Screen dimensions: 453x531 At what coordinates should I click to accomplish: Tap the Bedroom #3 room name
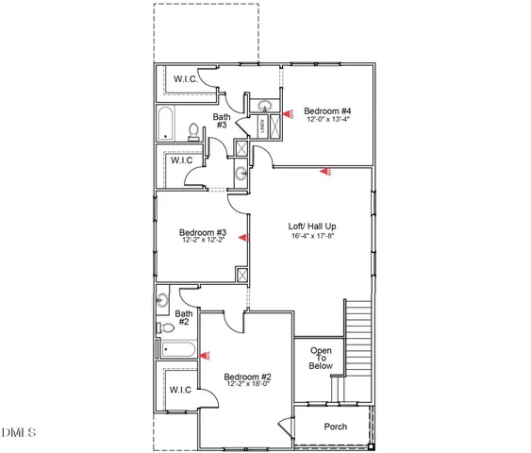[x=203, y=232]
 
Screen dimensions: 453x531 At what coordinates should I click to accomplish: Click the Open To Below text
[x=321, y=359]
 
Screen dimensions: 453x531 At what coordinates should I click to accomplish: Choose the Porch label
[x=335, y=427]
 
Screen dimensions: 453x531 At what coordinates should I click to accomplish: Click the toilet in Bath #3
[x=193, y=131]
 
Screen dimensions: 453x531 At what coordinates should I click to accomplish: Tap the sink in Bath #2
[x=162, y=301]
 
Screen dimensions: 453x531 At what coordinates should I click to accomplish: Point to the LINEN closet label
[x=260, y=125]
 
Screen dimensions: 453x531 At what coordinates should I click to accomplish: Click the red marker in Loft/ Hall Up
[x=326, y=172]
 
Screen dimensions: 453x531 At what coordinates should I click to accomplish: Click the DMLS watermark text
[x=20, y=433]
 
